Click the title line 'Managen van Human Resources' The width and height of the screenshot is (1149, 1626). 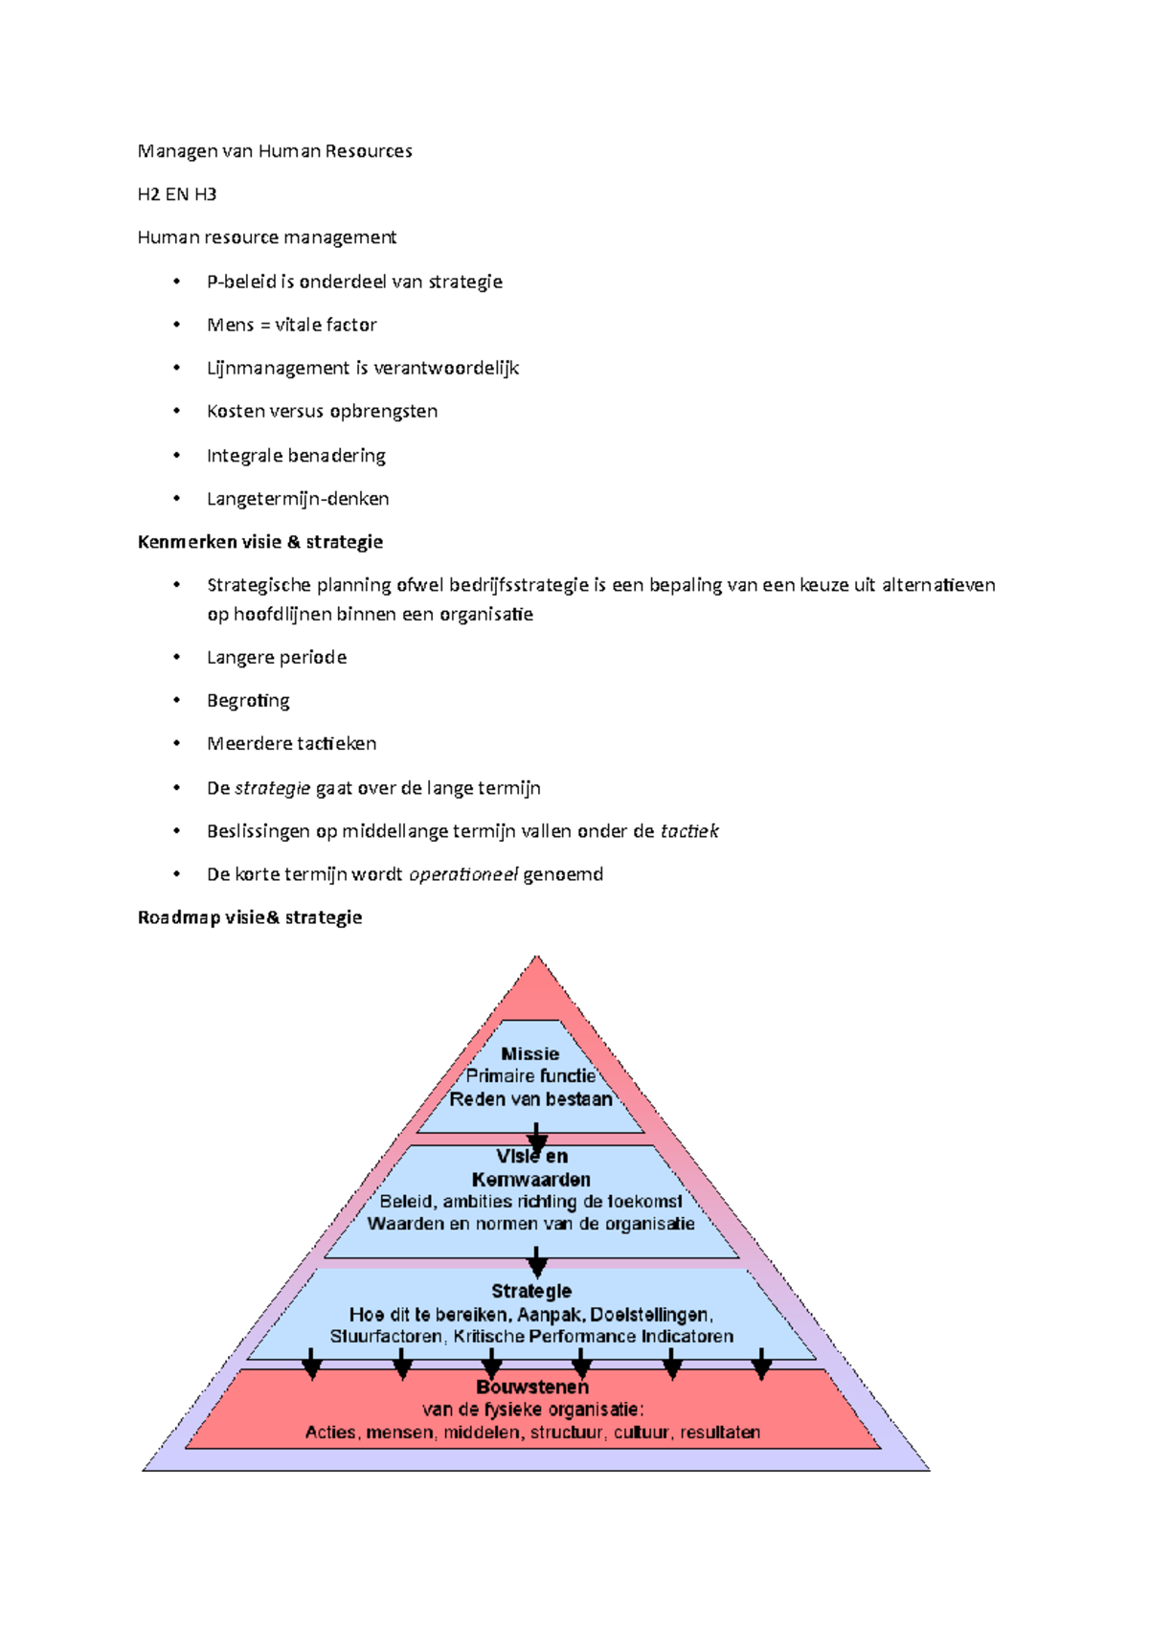[x=275, y=151]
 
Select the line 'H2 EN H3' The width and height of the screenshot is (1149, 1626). [x=177, y=194]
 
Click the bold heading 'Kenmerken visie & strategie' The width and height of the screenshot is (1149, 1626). [x=260, y=542]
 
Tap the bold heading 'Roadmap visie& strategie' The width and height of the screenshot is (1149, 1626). [x=250, y=917]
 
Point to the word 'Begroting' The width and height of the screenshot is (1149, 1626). [x=248, y=701]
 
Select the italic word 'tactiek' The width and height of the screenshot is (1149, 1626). [x=689, y=831]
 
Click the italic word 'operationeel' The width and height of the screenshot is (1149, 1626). [x=463, y=874]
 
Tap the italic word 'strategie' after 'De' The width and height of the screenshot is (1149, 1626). [x=273, y=788]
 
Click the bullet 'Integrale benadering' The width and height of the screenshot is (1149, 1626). [x=296, y=456]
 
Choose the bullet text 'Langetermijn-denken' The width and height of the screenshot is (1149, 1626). [x=298, y=499]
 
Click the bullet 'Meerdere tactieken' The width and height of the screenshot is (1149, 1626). [x=291, y=744]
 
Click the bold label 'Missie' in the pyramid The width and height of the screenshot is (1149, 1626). [x=530, y=1053]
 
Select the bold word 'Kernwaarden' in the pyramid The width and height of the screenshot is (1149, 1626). [x=531, y=1180]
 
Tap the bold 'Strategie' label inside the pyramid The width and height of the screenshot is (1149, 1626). [x=531, y=1291]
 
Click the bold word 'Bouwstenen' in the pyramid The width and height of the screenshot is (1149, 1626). [x=532, y=1387]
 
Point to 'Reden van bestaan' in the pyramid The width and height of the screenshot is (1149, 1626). [x=531, y=1099]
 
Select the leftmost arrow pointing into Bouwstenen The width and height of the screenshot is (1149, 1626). [x=312, y=1364]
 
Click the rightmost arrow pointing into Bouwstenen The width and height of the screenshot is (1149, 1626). [x=761, y=1364]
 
